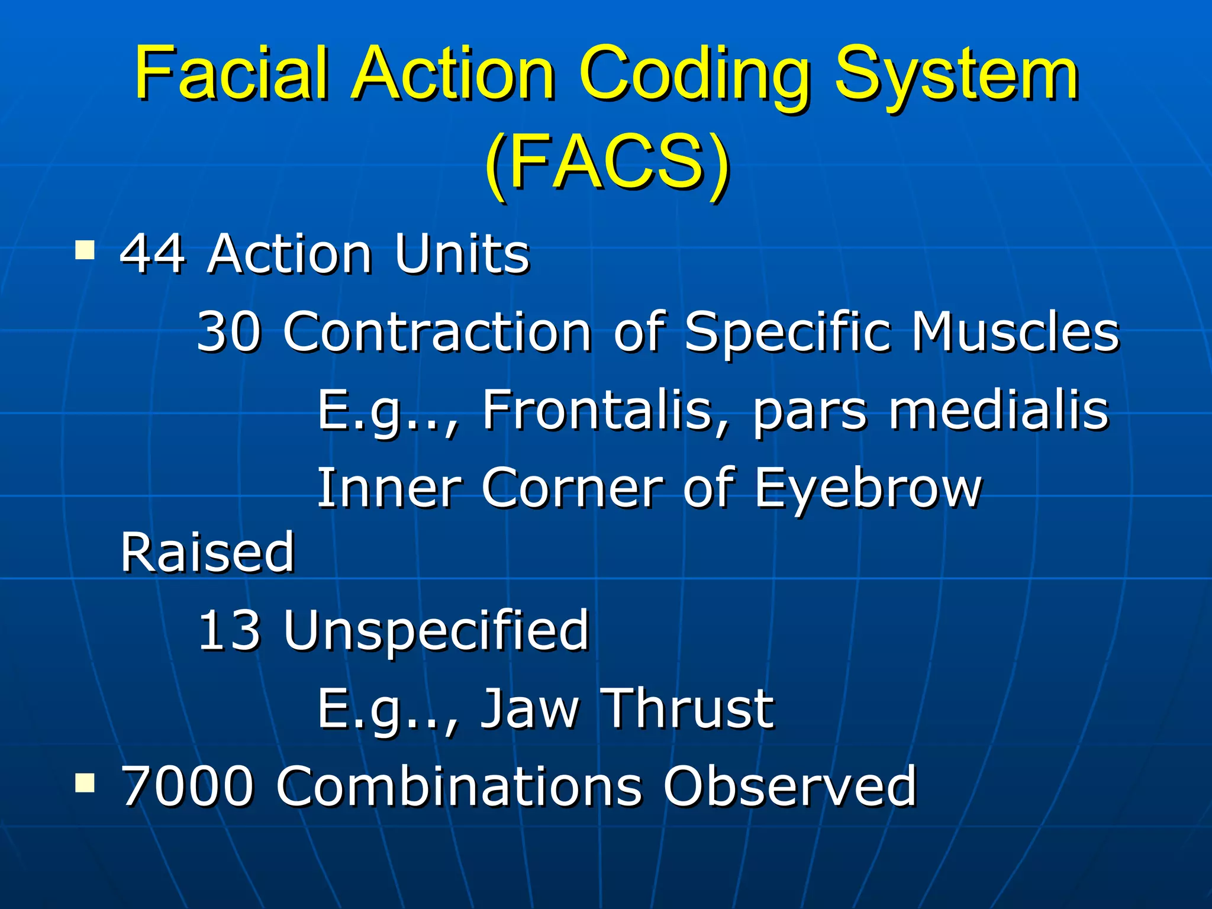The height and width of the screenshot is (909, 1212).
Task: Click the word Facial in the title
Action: pyautogui.click(x=231, y=74)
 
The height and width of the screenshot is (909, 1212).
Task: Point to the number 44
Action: pyautogui.click(x=153, y=254)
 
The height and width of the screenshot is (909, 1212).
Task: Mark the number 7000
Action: pyautogui.click(x=188, y=786)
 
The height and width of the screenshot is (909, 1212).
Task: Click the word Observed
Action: pyautogui.click(x=789, y=786)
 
